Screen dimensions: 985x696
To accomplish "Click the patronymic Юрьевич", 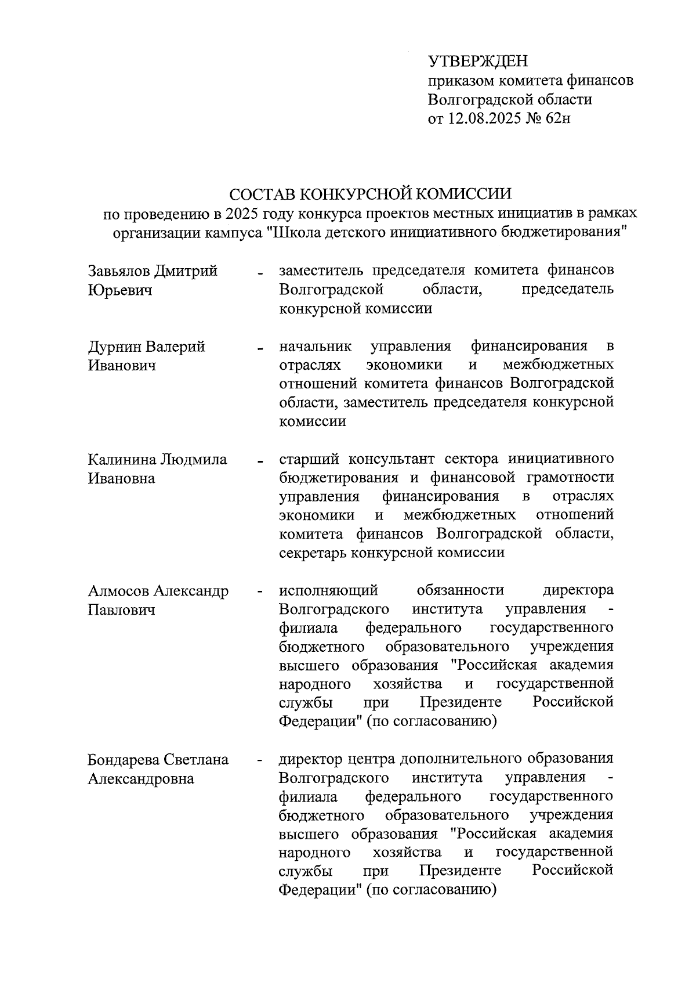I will point(119,290).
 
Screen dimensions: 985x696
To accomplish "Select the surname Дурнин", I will point(114,347).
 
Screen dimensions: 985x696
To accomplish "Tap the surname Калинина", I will point(121,460).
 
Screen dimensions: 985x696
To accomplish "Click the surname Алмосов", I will point(119,591).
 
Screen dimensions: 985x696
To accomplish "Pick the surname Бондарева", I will point(124,760).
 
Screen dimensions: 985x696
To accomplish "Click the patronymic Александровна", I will point(140,779).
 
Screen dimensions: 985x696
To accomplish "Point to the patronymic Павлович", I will point(121,610).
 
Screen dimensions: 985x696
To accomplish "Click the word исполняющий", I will point(328,591).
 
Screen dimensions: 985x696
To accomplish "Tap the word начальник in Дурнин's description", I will point(315,347).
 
